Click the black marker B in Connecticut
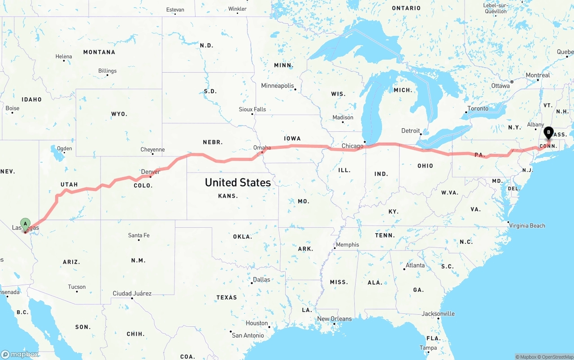[x=548, y=133]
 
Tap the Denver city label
[x=150, y=172]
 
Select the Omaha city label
[x=262, y=147]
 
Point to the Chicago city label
[x=352, y=146]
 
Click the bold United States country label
[x=238, y=182]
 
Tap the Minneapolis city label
[x=278, y=86]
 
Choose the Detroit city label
[x=410, y=130]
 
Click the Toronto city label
[x=478, y=108]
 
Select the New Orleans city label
[x=334, y=319]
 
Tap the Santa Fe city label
[x=139, y=235]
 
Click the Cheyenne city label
[x=152, y=150]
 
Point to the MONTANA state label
[x=99, y=52]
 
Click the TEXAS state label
[x=226, y=297]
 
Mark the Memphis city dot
[x=335, y=248]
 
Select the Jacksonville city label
[x=438, y=314]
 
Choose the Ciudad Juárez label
[x=132, y=294]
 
